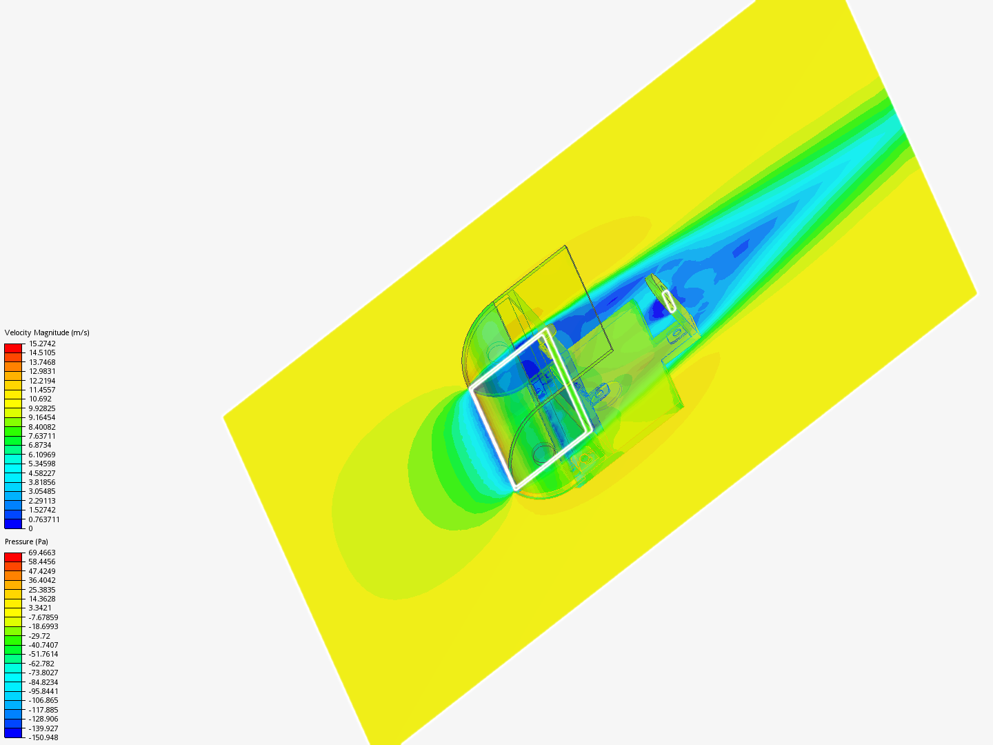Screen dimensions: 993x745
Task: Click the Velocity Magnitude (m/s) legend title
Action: point(47,332)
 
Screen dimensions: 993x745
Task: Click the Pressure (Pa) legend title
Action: point(26,542)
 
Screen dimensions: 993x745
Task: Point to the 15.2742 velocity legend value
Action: point(42,344)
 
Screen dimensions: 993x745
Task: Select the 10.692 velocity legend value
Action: point(40,399)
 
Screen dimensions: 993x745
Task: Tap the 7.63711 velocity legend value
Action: point(42,436)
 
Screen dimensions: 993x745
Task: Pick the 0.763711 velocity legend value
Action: point(44,519)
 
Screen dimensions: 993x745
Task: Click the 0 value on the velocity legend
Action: point(31,528)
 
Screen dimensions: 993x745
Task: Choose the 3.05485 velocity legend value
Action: point(42,491)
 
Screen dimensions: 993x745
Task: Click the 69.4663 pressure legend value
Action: point(42,553)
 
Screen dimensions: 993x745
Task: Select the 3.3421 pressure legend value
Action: point(40,608)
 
